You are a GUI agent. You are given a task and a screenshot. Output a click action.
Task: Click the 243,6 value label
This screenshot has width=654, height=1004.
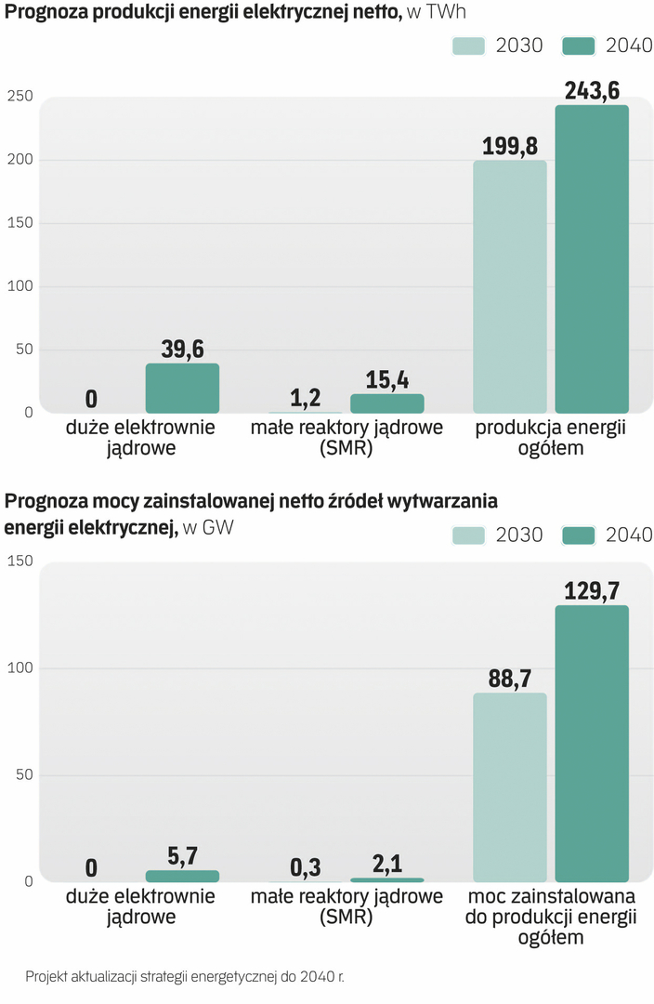592,91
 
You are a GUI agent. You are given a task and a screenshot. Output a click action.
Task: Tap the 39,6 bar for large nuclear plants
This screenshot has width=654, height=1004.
182,388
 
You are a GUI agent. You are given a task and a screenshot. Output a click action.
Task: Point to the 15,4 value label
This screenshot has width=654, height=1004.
387,380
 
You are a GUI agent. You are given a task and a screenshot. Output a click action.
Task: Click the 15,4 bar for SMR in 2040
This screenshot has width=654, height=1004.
387,403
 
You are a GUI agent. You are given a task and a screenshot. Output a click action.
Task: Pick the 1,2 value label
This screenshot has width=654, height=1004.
306,398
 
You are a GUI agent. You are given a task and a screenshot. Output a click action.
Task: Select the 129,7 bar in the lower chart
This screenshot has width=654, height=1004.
592,744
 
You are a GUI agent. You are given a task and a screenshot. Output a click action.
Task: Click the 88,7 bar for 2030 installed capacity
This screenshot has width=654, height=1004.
510,787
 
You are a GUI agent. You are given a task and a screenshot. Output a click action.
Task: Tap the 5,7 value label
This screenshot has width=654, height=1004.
182,856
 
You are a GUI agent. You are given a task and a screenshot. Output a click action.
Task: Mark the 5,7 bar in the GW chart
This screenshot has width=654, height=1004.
182,876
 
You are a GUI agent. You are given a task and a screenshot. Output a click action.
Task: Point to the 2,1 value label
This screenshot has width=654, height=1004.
387,864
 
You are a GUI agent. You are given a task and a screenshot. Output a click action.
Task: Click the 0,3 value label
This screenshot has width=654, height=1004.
306,867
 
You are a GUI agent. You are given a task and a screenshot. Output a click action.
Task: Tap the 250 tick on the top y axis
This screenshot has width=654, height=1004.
20,96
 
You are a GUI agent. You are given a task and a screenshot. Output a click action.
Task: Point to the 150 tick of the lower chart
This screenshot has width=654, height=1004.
20,561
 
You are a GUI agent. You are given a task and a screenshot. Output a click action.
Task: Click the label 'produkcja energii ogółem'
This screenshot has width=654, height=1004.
551,438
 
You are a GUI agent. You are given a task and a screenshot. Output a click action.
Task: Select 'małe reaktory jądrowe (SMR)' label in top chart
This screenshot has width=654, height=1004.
347,438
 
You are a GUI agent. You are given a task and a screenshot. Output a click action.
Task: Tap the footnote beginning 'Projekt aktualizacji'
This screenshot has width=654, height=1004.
185,977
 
